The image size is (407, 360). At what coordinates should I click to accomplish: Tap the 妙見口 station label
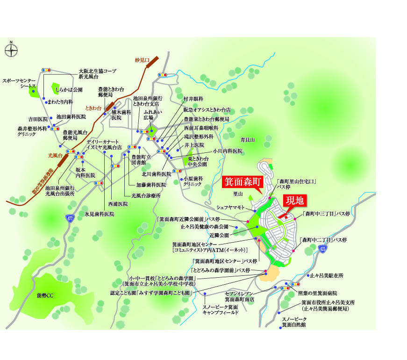[141, 61]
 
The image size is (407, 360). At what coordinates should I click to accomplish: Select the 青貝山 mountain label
[247, 140]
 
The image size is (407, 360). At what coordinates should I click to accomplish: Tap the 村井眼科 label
[193, 99]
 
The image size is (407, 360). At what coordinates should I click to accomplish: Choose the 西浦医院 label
[118, 204]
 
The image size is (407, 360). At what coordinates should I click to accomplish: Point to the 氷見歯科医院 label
[100, 214]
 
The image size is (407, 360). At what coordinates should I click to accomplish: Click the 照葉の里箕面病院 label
[317, 293]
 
